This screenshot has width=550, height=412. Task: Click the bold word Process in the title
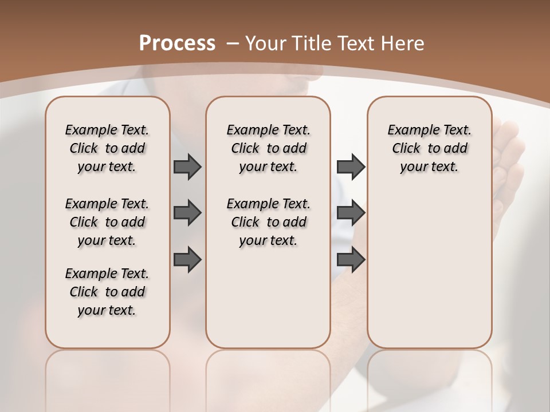click(177, 43)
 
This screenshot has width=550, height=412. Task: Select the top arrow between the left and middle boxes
click(187, 167)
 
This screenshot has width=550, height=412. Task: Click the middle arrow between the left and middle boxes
click(187, 213)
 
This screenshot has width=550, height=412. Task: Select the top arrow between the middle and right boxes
click(351, 167)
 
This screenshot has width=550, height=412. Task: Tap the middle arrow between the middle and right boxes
click(351, 213)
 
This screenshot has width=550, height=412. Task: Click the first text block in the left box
click(107, 148)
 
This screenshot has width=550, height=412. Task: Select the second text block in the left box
click(107, 222)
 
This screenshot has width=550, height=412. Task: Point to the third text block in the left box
click(107, 292)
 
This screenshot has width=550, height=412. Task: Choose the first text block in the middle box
click(268, 148)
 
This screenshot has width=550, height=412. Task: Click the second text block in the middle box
click(268, 222)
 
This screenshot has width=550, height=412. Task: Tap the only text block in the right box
click(429, 148)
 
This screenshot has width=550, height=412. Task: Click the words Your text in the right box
click(429, 167)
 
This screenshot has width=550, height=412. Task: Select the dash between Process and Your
click(232, 43)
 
